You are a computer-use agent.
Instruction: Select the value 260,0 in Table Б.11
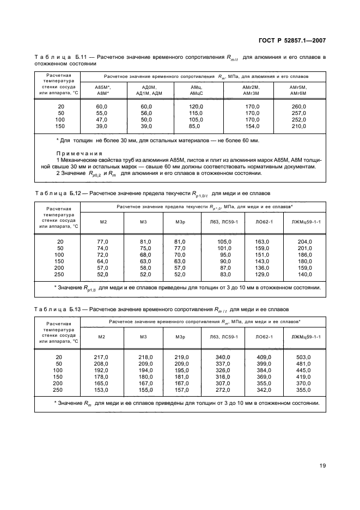(298, 106)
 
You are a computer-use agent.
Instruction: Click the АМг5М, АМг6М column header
(298, 90)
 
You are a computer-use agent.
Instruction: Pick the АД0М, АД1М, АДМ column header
(149, 90)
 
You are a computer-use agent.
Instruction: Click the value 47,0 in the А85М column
(101, 119)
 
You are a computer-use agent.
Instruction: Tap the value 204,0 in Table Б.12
(305, 241)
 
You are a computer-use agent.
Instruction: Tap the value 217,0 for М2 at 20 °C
(101, 357)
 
